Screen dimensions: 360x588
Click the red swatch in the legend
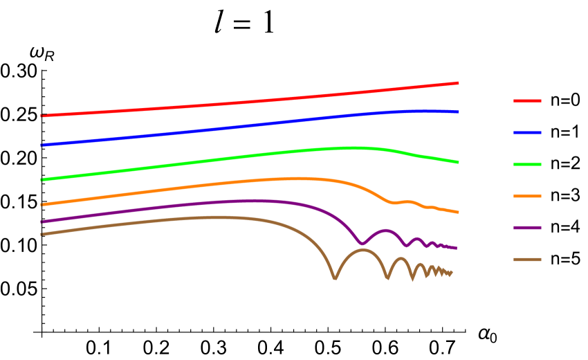[527, 101]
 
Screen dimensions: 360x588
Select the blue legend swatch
[527, 132]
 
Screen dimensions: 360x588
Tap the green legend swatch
[527, 164]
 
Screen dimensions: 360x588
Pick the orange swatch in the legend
[527, 196]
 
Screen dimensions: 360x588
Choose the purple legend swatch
[527, 228]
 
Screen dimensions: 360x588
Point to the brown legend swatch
[527, 260]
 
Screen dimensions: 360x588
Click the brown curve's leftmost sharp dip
[335, 278]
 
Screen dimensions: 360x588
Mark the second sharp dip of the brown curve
[387, 278]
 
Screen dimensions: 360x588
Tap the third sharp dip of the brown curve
[412, 279]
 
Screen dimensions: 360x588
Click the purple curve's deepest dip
[362, 243]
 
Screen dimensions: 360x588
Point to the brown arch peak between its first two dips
[361, 250]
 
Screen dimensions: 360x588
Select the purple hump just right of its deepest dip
[385, 230]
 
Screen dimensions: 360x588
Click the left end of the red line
[42, 116]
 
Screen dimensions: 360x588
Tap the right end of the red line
[458, 83]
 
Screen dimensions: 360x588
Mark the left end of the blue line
[42, 145]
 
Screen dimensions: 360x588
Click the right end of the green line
[458, 162]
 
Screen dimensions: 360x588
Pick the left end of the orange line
[42, 205]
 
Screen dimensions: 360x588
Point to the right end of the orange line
[458, 212]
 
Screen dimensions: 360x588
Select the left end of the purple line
[42, 222]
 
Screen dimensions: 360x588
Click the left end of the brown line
[42, 234]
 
